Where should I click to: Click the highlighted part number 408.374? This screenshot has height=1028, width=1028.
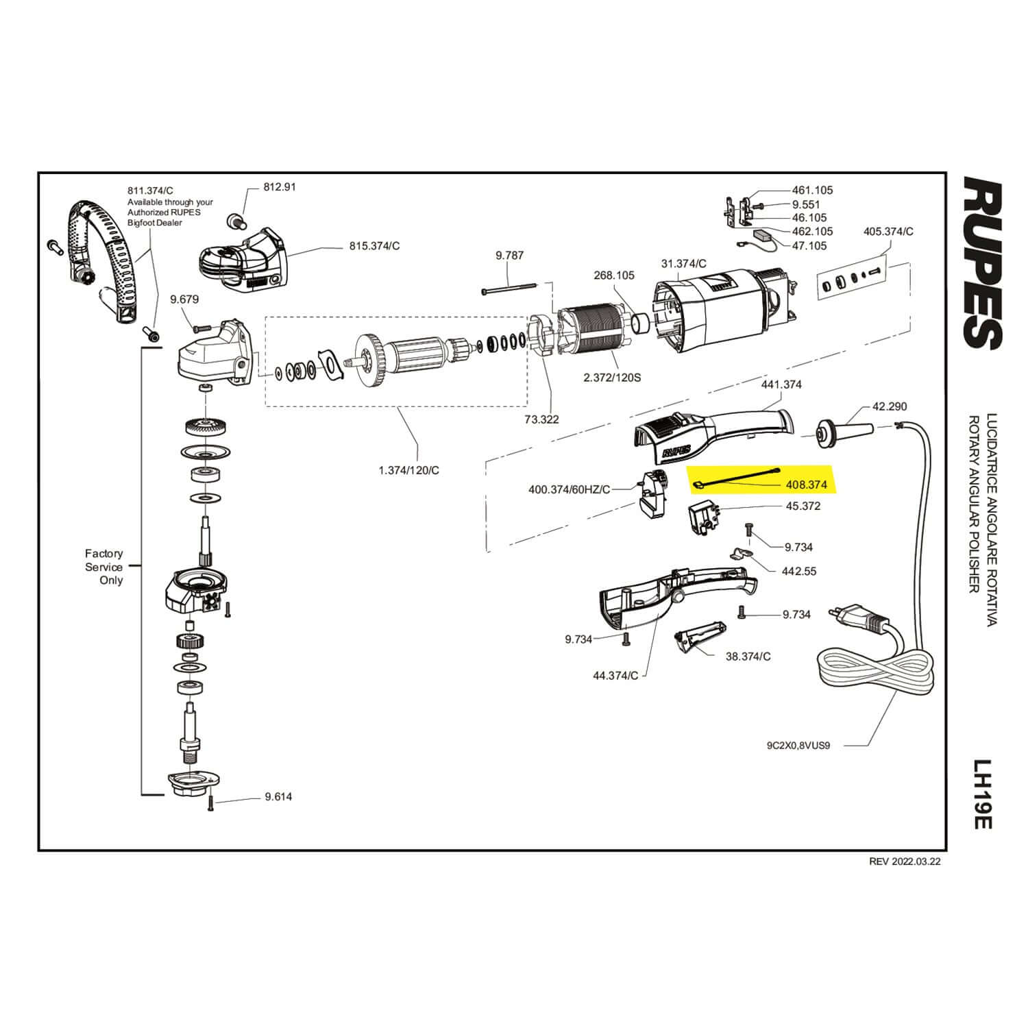coord(805,484)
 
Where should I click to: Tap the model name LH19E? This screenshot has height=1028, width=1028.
coord(983,793)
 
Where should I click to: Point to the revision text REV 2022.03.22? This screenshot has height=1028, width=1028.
coord(905,862)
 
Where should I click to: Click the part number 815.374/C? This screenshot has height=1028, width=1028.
coord(374,246)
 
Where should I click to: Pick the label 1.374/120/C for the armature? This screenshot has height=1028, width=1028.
coord(408,470)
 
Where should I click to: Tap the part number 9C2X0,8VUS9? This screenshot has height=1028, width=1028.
coord(798,746)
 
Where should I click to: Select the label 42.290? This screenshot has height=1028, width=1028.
coord(889,406)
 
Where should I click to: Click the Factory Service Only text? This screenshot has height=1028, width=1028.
coord(104,567)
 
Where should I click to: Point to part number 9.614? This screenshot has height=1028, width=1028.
coord(278,796)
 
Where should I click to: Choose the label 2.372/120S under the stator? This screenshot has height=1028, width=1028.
coord(612,378)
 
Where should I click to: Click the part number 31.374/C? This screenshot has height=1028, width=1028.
coord(683,263)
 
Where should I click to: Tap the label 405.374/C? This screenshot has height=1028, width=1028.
coord(888,232)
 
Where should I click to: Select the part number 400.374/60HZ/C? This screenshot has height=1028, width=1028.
coord(569,490)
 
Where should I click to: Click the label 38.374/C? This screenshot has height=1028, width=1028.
coord(748,656)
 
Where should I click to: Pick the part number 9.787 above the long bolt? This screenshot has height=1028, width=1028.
coord(509,256)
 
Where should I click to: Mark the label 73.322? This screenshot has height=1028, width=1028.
coord(541,419)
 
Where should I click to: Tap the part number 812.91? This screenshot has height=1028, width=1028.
coord(280,186)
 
